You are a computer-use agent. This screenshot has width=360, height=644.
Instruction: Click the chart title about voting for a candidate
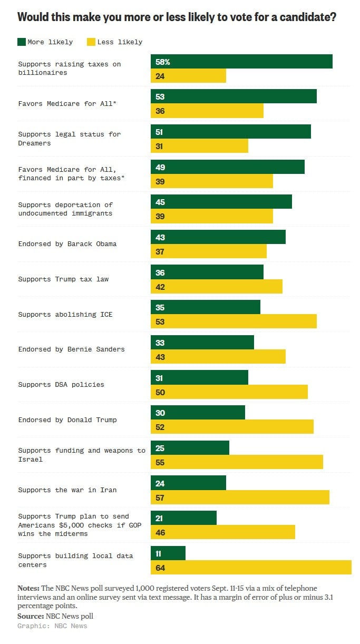pos(177,17)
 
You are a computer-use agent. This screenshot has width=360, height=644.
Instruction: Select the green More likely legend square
pos(22,42)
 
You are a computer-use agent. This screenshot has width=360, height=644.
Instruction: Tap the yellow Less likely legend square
pos(91,42)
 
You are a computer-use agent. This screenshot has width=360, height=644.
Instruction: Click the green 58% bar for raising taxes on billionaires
pos(241,62)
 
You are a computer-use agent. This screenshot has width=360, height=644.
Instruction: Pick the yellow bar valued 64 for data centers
pos(251,568)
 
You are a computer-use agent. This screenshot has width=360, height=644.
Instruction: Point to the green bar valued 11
pos(168,553)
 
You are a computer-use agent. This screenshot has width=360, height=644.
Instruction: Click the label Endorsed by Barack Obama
pos(67,244)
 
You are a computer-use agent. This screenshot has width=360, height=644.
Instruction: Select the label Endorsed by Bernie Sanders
pos(71,349)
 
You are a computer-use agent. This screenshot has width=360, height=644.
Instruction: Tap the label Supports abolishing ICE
pos(65,315)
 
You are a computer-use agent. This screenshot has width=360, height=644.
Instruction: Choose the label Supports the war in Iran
pos(67,490)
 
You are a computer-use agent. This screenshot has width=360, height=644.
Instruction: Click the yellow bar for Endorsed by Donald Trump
pos(232,427)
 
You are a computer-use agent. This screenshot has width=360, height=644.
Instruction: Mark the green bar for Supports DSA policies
pos(199,377)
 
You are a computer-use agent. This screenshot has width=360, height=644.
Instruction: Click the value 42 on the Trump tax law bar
pos(160,287)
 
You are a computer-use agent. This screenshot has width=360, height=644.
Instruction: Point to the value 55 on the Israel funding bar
pos(160,462)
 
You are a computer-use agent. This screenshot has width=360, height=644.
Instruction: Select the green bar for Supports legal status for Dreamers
pos(231,132)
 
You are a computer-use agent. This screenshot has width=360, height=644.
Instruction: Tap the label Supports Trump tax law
pos(63,279)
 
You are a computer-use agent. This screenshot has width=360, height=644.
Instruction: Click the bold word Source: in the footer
pos(31,616)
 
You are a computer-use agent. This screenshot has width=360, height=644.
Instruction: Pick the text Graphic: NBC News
pos(52,626)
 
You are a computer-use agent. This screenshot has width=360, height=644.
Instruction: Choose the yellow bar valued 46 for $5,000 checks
pos(223,532)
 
